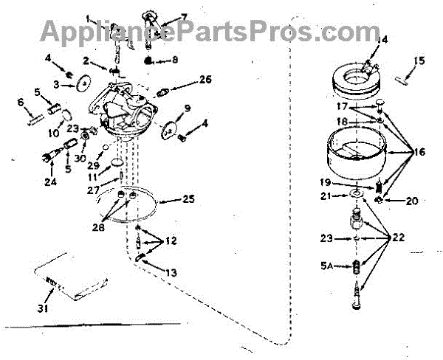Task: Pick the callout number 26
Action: click(205, 79)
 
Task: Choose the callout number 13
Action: click(171, 273)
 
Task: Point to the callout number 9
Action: click(188, 108)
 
